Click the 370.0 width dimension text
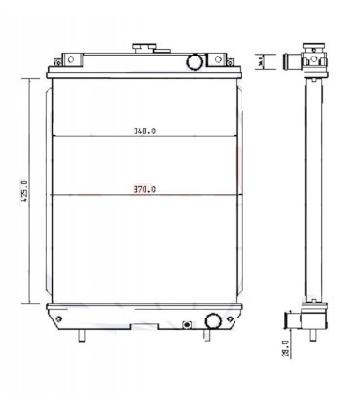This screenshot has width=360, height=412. click(143, 189)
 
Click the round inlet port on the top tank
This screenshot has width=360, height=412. click(193, 62)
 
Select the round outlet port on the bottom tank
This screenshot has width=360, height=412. click(211, 319)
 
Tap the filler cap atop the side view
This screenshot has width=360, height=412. click(311, 48)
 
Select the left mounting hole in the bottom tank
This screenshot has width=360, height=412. click(59, 318)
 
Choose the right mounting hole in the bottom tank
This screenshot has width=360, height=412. click(231, 318)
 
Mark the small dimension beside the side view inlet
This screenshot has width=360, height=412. click(262, 62)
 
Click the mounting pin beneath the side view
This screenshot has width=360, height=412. click(312, 338)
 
